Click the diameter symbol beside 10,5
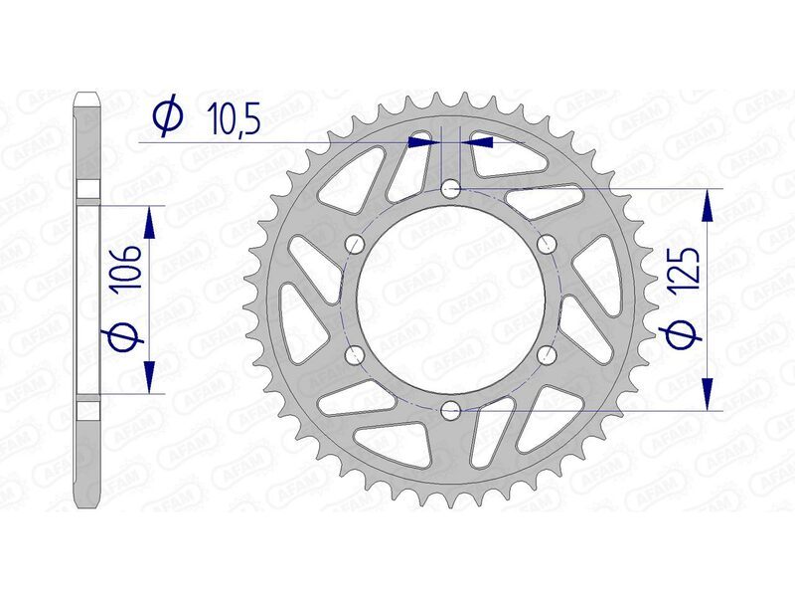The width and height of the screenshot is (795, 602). [168, 117]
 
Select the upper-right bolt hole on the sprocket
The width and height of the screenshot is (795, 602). [546, 242]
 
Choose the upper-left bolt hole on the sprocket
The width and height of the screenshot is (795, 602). [355, 242]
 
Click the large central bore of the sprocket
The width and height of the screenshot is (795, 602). [450, 298]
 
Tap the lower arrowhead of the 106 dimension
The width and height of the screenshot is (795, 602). [150, 375]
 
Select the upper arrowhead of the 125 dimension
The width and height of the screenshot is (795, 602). [708, 205]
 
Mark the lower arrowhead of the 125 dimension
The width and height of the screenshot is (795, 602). [708, 392]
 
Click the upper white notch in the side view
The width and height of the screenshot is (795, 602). [87, 191]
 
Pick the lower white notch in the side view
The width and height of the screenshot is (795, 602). [87, 407]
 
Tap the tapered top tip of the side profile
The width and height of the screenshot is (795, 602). [87, 98]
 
